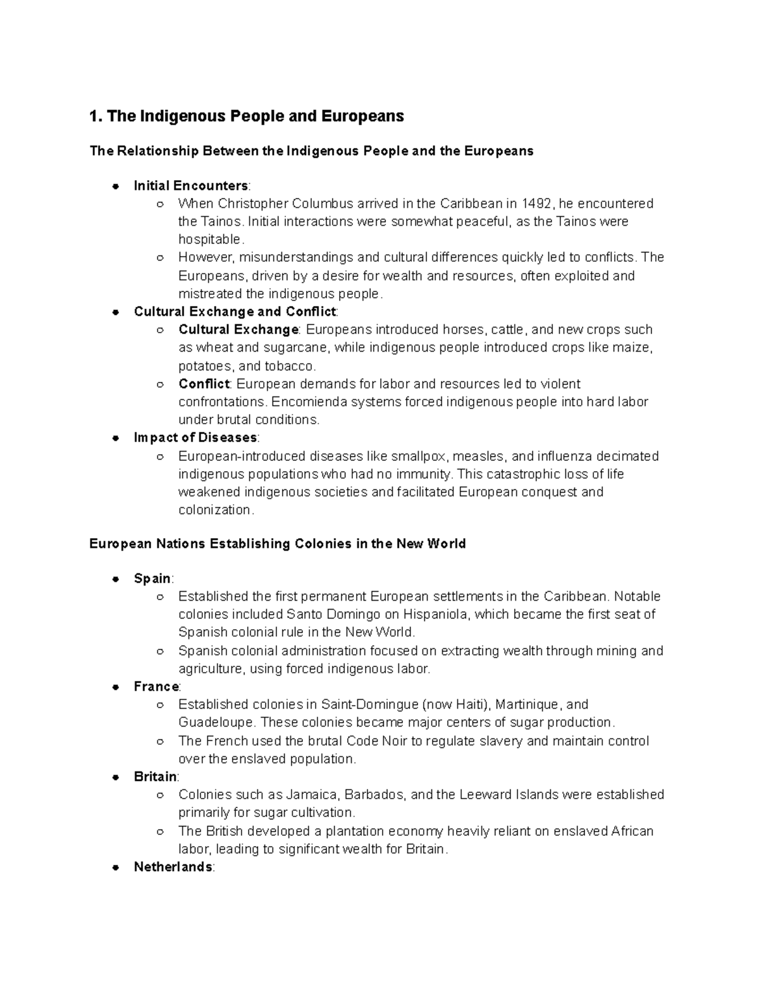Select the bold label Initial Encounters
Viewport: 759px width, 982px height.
pos(191,186)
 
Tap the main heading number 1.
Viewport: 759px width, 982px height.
pos(95,116)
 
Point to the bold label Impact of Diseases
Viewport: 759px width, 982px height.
pos(195,438)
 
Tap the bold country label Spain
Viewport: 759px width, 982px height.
pos(152,579)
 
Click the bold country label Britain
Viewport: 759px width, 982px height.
pos(156,776)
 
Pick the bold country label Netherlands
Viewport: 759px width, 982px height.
pos(173,867)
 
